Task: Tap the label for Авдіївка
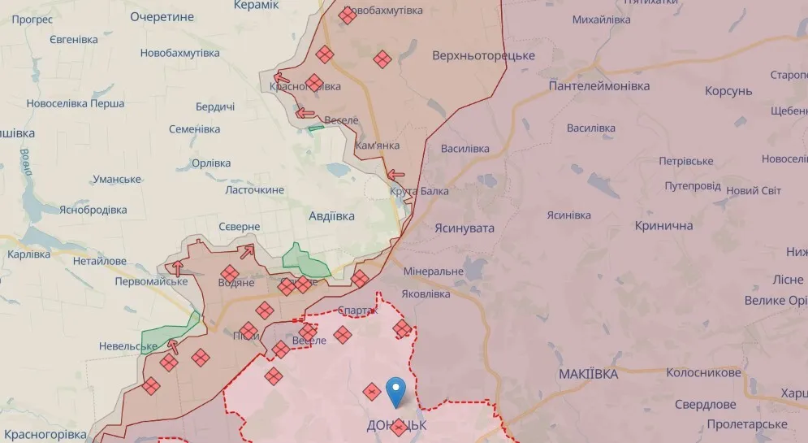[331, 216]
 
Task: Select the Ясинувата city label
[464, 228]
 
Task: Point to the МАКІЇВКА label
[588, 374]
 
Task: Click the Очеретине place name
[162, 16]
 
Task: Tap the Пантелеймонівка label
[599, 86]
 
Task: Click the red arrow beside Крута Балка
[396, 174]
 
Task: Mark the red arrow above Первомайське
[176, 267]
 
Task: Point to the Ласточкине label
[254, 189]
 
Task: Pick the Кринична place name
[663, 225]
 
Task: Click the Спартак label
[356, 311]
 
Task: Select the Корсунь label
[728, 91]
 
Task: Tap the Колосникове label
[703, 373]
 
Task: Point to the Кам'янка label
[378, 145]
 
